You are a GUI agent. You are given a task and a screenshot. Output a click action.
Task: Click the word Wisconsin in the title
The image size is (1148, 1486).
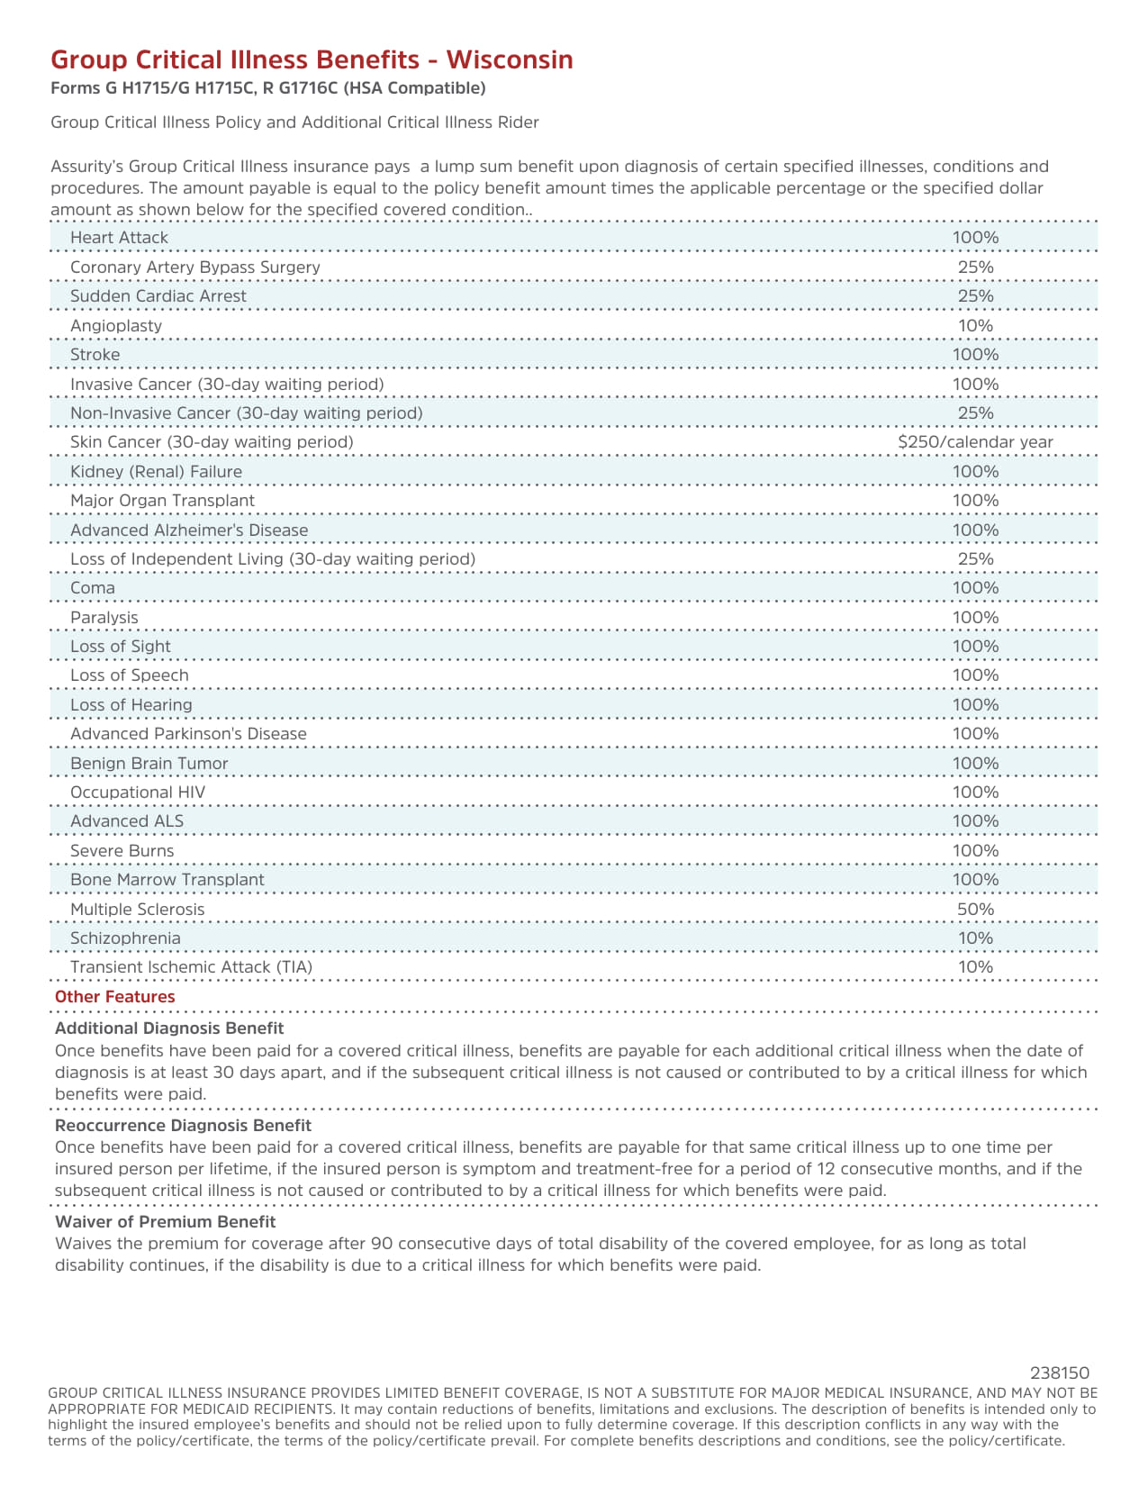(510, 59)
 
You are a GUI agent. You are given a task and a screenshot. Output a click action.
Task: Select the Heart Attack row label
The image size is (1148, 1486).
(119, 238)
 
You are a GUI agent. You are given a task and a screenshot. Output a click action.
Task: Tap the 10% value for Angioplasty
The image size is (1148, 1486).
(975, 325)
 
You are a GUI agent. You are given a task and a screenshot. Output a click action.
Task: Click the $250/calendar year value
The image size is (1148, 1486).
(975, 442)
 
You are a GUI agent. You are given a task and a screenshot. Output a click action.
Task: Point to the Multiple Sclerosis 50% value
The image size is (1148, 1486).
(975, 909)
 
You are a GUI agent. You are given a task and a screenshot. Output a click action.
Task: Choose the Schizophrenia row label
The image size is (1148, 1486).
(125, 938)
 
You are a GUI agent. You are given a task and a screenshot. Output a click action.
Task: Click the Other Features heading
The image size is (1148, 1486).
(114, 997)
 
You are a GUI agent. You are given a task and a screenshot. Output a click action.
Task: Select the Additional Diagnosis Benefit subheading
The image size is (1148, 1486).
(169, 1028)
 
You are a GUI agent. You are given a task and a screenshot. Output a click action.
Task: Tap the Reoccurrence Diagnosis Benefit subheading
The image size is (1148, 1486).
(183, 1126)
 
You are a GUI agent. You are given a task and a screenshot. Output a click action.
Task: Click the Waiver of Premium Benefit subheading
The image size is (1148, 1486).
(165, 1222)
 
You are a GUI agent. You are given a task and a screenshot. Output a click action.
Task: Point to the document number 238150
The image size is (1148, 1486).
(1060, 1373)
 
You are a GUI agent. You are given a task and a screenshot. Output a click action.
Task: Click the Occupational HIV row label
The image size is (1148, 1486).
(138, 793)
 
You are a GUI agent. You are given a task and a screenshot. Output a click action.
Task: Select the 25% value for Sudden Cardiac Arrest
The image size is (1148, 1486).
(975, 296)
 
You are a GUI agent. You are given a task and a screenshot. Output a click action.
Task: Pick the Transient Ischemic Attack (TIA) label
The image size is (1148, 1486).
(191, 967)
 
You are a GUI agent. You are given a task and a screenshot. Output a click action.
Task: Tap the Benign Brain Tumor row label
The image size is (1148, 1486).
(149, 764)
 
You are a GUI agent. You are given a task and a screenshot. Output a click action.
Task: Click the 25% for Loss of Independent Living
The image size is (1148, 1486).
(975, 559)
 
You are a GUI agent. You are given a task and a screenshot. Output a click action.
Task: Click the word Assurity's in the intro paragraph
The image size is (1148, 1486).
(87, 167)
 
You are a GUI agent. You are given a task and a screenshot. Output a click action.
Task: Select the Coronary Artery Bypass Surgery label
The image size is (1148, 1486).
(194, 267)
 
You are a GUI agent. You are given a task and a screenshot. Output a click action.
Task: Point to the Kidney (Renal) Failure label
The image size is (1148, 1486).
(156, 472)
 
